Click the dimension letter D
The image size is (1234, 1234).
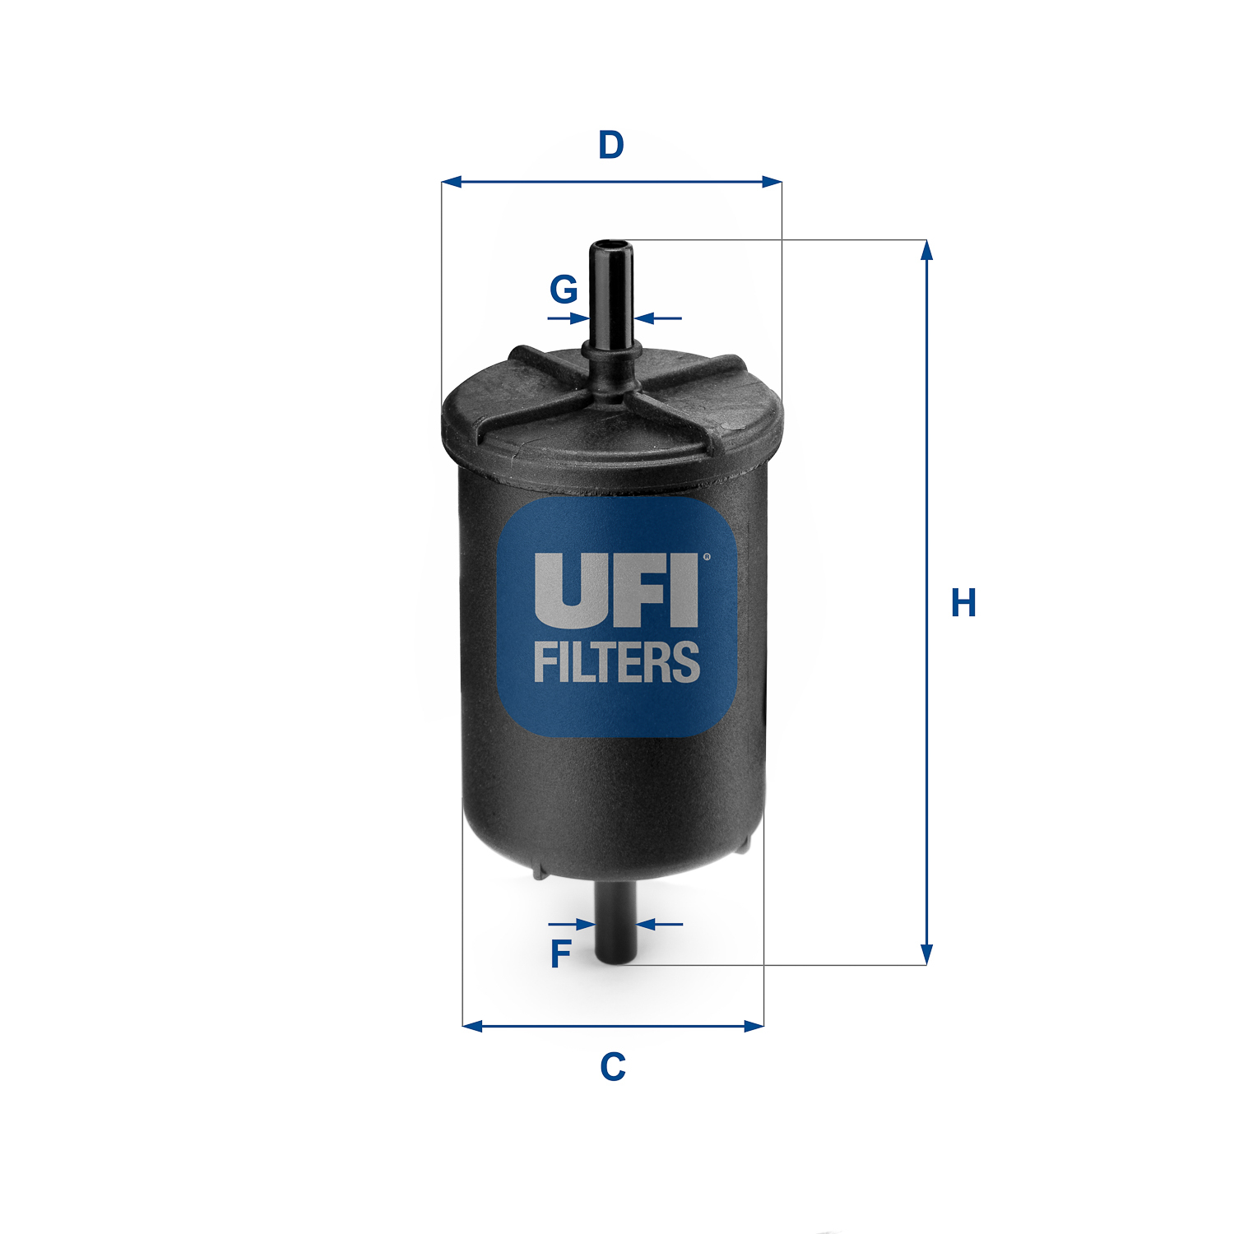[x=611, y=145]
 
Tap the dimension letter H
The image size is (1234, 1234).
[x=963, y=603]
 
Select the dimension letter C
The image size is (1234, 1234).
[x=613, y=1067]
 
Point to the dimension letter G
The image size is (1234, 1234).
[x=564, y=290]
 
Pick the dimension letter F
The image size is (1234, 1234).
[x=560, y=954]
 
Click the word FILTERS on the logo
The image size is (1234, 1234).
[x=617, y=663]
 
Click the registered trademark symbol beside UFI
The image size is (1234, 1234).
[x=705, y=557]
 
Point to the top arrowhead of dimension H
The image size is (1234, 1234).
[x=926, y=249]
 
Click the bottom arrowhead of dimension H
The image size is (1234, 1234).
[x=926, y=955]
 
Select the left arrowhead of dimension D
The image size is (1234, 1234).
[x=452, y=182]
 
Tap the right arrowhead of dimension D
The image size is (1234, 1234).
[x=771, y=182]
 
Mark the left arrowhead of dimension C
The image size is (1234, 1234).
[x=472, y=1026]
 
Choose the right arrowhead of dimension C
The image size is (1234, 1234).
[x=754, y=1026]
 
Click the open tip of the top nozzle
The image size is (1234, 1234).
[x=610, y=245]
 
